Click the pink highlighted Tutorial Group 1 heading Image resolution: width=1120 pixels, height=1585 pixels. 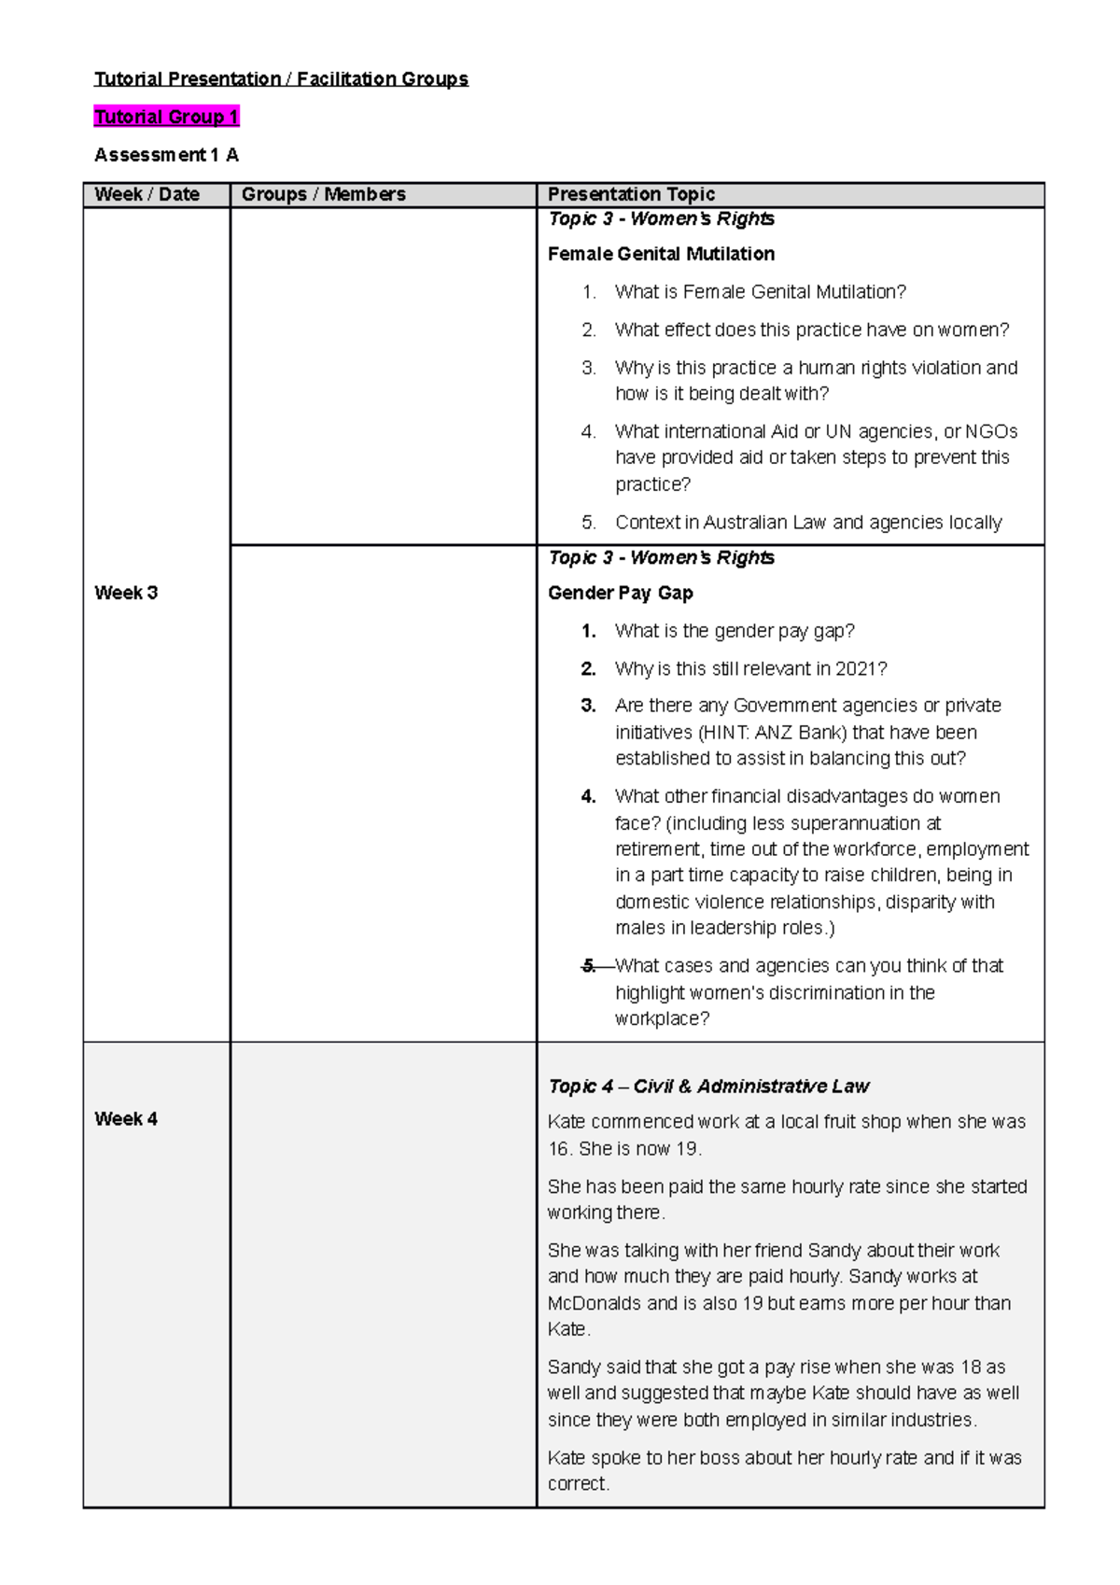click(167, 117)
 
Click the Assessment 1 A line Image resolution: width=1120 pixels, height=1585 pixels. click(166, 155)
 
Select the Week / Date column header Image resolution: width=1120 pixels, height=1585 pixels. click(147, 194)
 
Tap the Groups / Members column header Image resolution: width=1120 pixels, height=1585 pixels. click(323, 194)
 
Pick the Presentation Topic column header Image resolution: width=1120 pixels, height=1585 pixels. click(631, 194)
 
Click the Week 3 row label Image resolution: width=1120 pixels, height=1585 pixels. click(126, 593)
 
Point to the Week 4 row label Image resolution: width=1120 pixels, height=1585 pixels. click(126, 1118)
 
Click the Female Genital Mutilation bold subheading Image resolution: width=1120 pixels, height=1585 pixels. click(661, 254)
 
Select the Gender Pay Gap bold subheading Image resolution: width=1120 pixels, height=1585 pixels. click(620, 593)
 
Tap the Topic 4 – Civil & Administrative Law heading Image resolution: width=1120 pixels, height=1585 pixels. click(707, 1086)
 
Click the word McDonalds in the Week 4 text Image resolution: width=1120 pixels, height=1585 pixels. click(594, 1303)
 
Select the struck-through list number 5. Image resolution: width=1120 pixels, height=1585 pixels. click(589, 965)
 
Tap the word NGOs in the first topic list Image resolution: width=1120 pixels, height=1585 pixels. click(991, 431)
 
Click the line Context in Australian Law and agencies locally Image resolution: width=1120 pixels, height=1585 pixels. click(808, 523)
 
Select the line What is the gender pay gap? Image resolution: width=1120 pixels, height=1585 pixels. click(735, 631)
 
